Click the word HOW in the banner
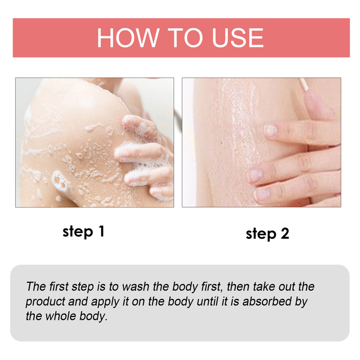tap(128, 38)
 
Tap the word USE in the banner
tap(238, 38)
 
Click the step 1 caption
tap(84, 232)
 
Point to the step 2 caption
tap(267, 234)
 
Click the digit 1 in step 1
tap(102, 231)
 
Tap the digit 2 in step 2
tap(285, 233)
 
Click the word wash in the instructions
tap(136, 287)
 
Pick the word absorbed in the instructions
tap(267, 301)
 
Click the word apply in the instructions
tap(105, 302)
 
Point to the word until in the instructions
tap(207, 301)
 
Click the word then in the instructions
tap(238, 287)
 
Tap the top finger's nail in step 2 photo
tap(271, 130)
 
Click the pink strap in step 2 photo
tap(303, 84)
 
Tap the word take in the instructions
tap(264, 287)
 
